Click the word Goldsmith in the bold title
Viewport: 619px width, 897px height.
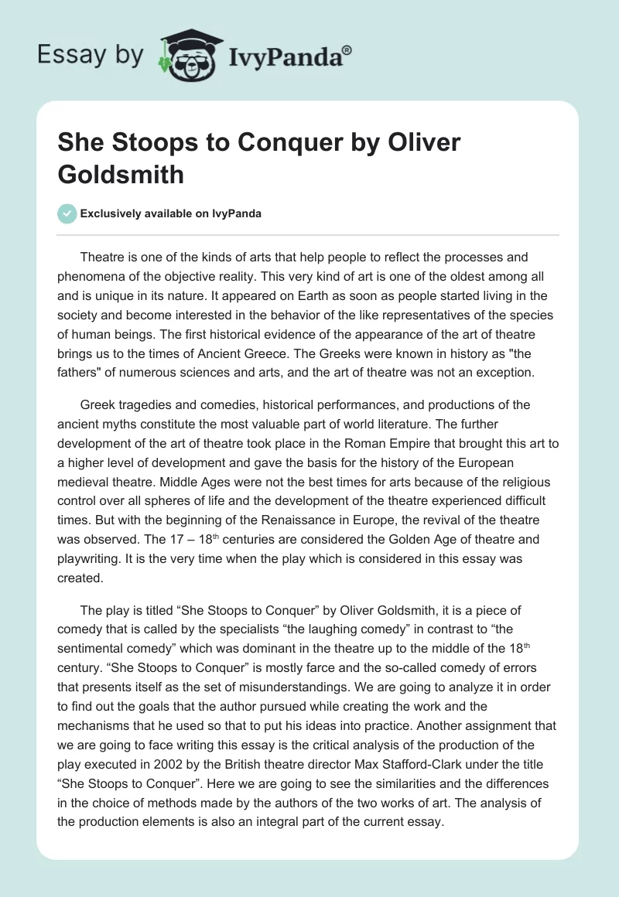(121, 174)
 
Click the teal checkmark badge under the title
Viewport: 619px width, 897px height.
(67, 213)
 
